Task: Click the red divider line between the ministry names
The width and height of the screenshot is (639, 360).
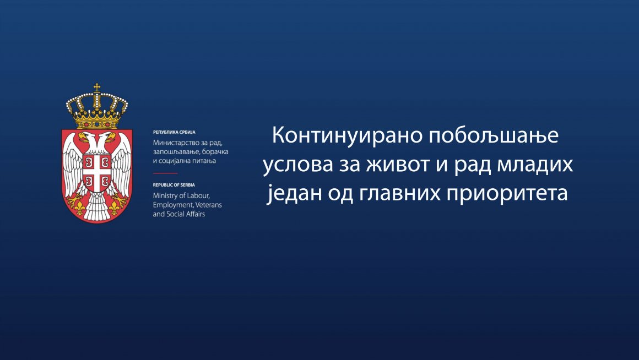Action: (x=165, y=173)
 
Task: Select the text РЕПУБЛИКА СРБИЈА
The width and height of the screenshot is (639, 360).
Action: (x=174, y=132)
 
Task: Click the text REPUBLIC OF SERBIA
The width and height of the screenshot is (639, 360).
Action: (x=174, y=186)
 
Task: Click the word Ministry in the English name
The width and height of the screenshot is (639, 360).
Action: (x=165, y=195)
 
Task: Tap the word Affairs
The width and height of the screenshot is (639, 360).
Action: (x=194, y=214)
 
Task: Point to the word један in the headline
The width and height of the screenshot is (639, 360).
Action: (x=292, y=194)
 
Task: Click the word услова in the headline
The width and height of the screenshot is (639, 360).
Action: (x=295, y=165)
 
